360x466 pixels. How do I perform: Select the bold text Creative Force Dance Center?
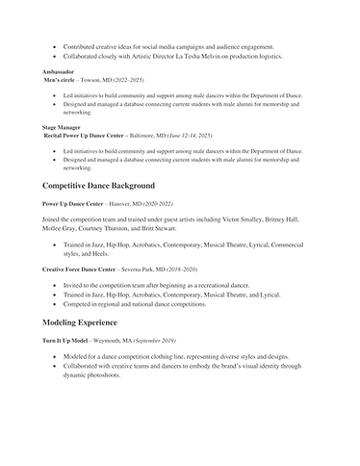(83, 270)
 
